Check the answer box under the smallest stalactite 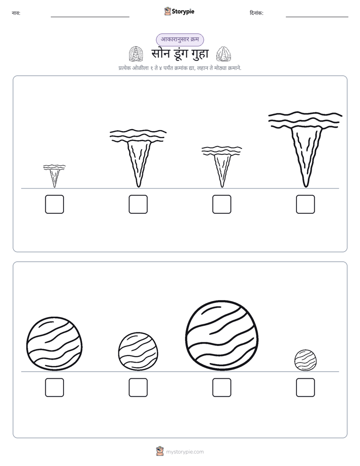click(x=54, y=204)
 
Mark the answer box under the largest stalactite click(x=306, y=204)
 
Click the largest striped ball click(x=222, y=335)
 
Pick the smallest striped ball click(x=306, y=360)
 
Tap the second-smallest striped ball click(x=138, y=352)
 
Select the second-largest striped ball click(x=54, y=343)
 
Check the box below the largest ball click(x=222, y=387)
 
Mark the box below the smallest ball click(x=306, y=387)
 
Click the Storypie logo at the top click(x=179, y=11)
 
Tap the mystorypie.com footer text click(x=185, y=452)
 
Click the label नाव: click(x=16, y=13)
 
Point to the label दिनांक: click(x=257, y=13)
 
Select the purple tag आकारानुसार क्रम click(x=180, y=39)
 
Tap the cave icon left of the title click(x=136, y=54)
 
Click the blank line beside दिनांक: click(x=317, y=17)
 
